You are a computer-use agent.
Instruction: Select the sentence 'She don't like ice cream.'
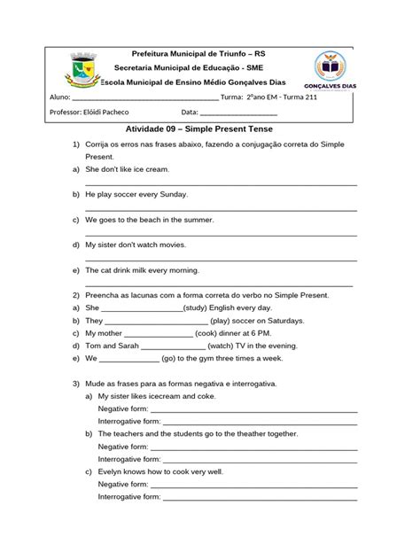[x=127, y=168]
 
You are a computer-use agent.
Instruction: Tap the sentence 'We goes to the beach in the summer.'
[x=150, y=219]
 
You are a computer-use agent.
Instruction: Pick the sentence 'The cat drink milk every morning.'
[x=143, y=269]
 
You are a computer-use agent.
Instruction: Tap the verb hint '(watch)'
[x=222, y=346]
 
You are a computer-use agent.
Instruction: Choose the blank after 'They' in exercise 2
[x=157, y=320]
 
